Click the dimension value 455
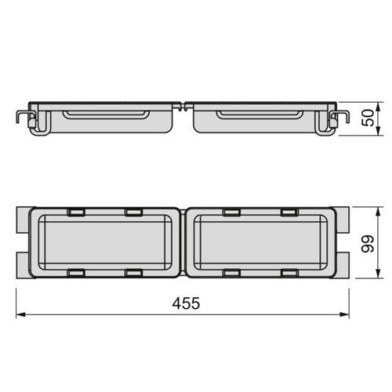(186, 303)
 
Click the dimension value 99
(367, 244)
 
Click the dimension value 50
(368, 118)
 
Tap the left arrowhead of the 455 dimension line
(20, 314)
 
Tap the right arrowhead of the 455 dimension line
(344, 314)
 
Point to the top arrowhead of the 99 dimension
(378, 212)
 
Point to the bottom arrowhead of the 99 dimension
(378, 273)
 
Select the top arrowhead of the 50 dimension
(378, 107)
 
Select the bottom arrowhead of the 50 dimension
(378, 130)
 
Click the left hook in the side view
(25, 114)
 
